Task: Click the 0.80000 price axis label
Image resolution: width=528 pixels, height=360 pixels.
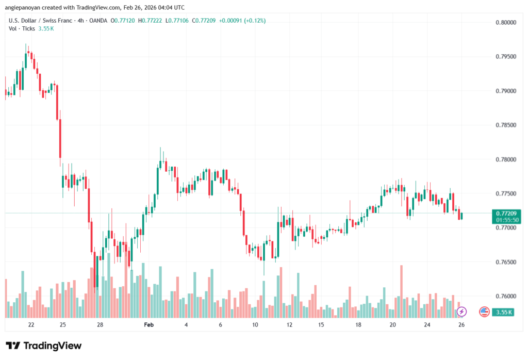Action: click(x=506, y=23)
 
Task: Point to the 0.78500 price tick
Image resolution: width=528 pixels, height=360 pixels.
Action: click(x=506, y=125)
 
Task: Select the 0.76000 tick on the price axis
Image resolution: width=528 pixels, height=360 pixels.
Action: click(x=506, y=297)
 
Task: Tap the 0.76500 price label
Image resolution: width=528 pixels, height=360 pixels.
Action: click(x=506, y=263)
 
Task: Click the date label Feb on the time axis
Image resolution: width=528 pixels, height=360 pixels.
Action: click(x=149, y=325)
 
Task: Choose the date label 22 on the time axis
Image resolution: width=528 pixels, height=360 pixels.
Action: click(x=31, y=325)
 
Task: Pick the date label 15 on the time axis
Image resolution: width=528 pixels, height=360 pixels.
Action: click(x=321, y=325)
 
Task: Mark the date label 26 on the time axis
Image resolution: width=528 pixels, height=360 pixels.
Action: click(x=462, y=325)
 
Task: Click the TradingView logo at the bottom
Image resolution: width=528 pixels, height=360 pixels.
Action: click(x=44, y=346)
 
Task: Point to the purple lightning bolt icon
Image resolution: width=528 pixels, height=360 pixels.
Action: click(x=462, y=312)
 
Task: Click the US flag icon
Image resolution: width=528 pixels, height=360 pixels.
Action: click(x=484, y=312)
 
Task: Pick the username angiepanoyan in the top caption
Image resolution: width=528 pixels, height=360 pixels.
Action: click(x=26, y=7)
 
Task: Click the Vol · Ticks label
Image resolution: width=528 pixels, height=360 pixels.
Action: click(x=22, y=28)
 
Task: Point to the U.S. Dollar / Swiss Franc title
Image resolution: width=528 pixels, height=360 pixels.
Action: click(x=43, y=21)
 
